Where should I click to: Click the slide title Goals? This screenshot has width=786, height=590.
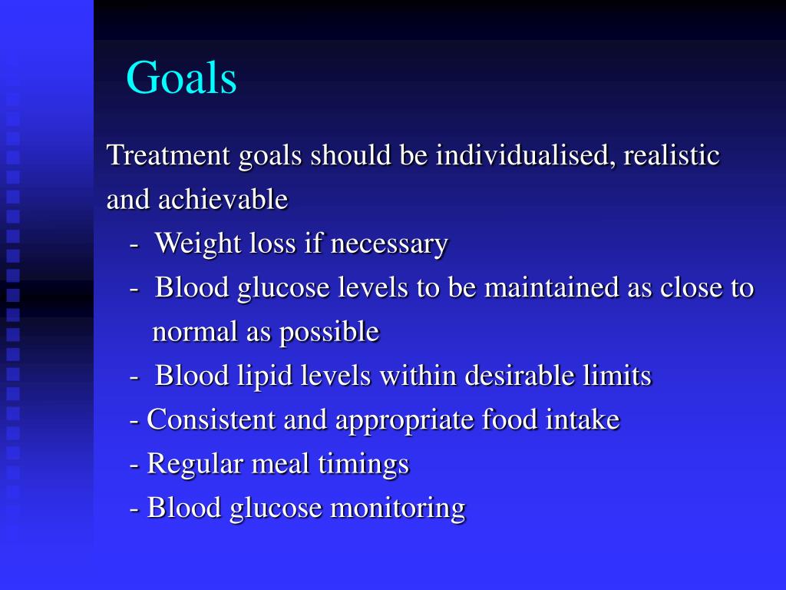181,78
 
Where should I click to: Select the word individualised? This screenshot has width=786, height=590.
525,155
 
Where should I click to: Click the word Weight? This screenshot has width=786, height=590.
198,244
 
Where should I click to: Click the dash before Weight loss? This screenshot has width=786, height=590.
135,245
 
